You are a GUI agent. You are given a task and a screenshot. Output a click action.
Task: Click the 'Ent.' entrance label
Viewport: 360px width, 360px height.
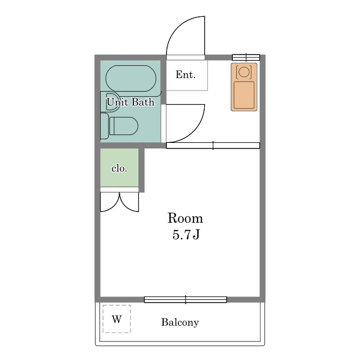pyautogui.click(x=186, y=75)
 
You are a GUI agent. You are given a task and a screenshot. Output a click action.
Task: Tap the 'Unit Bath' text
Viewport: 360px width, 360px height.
pyautogui.click(x=130, y=102)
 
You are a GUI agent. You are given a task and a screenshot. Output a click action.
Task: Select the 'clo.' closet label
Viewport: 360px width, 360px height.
pyautogui.click(x=119, y=169)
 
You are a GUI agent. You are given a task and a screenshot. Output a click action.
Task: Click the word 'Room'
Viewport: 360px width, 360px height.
pyautogui.click(x=185, y=218)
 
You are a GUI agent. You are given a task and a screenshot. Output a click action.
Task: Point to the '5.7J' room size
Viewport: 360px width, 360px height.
pyautogui.click(x=186, y=235)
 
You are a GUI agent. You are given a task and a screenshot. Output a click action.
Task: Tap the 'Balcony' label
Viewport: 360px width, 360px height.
pyautogui.click(x=180, y=322)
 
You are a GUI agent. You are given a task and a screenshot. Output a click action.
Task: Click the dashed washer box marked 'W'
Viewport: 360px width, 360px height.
pyautogui.click(x=116, y=319)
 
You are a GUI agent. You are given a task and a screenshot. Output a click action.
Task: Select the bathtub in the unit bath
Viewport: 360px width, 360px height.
pyautogui.click(x=131, y=79)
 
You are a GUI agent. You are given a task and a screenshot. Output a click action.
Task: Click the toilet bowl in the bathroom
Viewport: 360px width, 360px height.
pyautogui.click(x=124, y=126)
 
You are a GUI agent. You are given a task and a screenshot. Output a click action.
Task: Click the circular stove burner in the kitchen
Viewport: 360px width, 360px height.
pyautogui.click(x=244, y=72)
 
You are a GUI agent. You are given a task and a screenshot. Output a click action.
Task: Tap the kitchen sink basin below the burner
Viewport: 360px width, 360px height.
pyautogui.click(x=244, y=95)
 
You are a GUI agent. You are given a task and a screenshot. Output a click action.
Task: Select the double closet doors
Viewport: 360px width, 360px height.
pyautogui.click(x=120, y=202)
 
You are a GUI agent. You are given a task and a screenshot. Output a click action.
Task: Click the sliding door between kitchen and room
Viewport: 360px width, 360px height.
pyautogui.click(x=213, y=146)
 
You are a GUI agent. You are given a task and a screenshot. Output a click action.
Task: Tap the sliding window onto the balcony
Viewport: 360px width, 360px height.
pyautogui.click(x=186, y=300)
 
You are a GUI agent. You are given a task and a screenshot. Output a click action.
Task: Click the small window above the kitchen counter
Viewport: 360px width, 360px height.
pyautogui.click(x=246, y=57)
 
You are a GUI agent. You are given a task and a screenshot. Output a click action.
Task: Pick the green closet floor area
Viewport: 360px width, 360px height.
pyautogui.click(x=119, y=168)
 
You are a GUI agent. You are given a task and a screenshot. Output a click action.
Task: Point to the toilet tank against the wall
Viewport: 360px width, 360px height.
pyautogui.click(x=104, y=126)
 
